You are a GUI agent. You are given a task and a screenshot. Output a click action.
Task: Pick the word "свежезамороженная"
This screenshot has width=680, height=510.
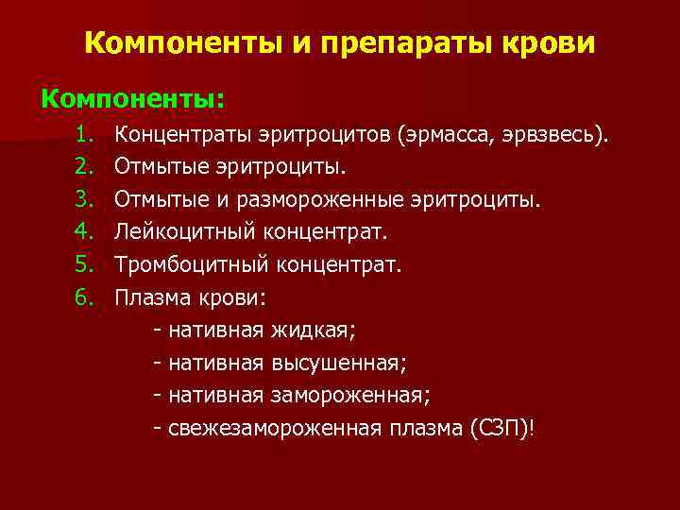274,429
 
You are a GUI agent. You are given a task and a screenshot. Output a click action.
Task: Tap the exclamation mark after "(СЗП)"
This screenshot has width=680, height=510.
533,429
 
